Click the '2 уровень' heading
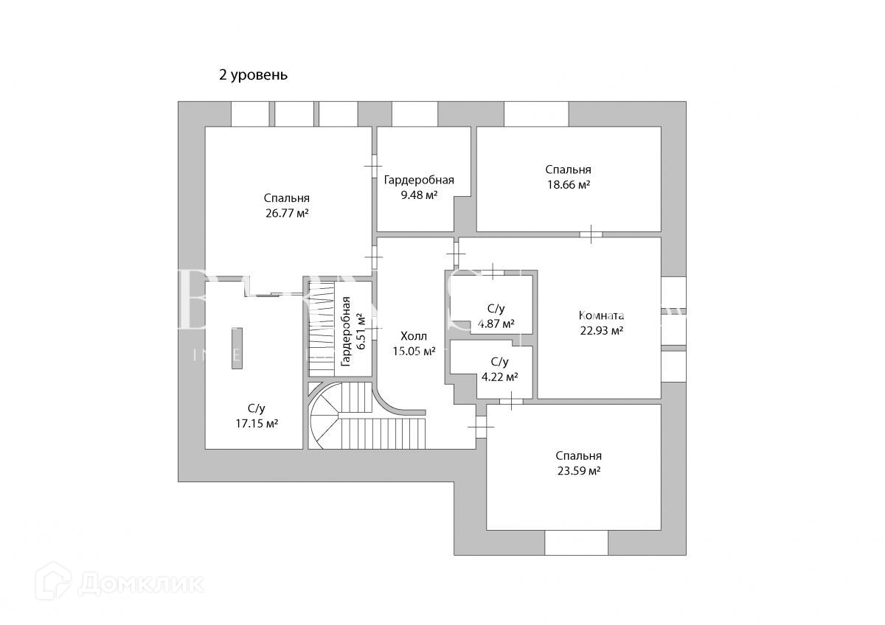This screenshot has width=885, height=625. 253,74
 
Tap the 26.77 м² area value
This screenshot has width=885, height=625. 286,213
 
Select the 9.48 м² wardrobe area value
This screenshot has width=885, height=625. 419,195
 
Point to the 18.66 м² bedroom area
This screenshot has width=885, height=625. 568,184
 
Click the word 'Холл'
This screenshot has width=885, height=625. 414,335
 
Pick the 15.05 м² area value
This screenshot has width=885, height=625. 414,351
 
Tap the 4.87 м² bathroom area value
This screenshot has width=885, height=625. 496,324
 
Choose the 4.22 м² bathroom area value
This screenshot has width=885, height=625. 499,377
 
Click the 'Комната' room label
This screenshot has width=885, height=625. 602,315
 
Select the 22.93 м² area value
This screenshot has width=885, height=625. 602,331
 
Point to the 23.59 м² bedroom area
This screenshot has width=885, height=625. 578,471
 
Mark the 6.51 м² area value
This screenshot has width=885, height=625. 361,332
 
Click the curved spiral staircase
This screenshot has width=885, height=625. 327,420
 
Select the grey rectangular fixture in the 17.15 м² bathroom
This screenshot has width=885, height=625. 237,348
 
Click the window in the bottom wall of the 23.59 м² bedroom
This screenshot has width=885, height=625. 576,542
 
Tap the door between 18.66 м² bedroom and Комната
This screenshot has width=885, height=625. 590,234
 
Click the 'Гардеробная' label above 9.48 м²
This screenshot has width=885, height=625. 419,180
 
